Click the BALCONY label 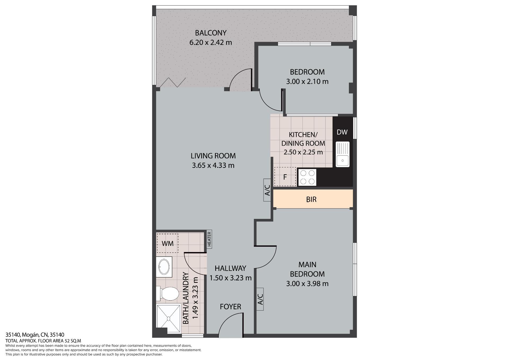[211, 33]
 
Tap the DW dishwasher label [342, 132]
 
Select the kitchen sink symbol [343, 154]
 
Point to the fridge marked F [285, 177]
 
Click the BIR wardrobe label [311, 199]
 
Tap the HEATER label [209, 239]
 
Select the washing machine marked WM [168, 243]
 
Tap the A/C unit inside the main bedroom [260, 299]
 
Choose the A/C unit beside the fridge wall [267, 190]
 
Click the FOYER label [230, 307]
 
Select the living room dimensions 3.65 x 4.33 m [213, 166]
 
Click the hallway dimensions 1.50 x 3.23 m [230, 278]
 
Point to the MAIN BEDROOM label [307, 269]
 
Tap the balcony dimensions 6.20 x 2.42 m [211, 42]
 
